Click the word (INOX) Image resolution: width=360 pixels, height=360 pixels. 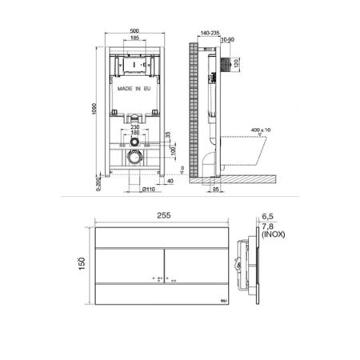pos(276,235)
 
